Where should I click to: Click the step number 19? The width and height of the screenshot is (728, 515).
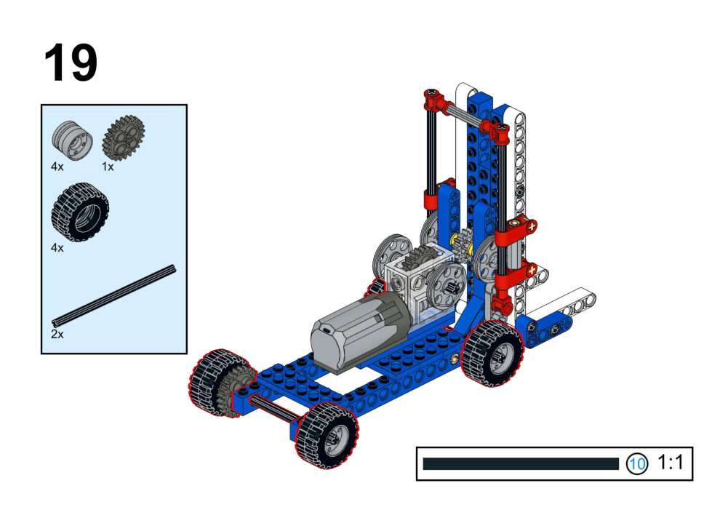pyautogui.click(x=71, y=63)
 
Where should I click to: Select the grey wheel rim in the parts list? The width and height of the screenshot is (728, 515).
pyautogui.click(x=72, y=140)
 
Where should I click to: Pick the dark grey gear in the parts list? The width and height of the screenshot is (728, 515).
pyautogui.click(x=124, y=137)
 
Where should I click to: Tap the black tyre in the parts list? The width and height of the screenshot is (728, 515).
pyautogui.click(x=80, y=212)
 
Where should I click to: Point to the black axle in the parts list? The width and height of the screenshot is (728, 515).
pyautogui.click(x=113, y=296)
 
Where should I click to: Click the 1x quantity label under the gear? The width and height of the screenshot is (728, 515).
pyautogui.click(x=108, y=167)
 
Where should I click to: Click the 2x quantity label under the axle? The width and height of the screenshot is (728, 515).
pyautogui.click(x=57, y=335)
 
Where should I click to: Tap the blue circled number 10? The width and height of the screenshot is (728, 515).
pyautogui.click(x=636, y=463)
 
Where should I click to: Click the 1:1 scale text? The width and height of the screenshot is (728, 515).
pyautogui.click(x=671, y=463)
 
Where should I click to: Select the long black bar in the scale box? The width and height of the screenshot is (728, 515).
pyautogui.click(x=521, y=464)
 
